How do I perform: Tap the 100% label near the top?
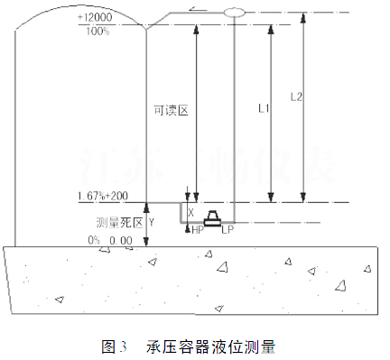tap(123, 32)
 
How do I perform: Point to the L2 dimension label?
tap(294, 95)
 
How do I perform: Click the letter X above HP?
tap(190, 210)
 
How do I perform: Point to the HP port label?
tap(198, 231)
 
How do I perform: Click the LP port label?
tap(228, 231)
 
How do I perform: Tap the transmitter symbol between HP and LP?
tap(213, 218)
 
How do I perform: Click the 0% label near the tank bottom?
tap(94, 240)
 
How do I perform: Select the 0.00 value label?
tap(121, 240)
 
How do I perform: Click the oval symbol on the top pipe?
tap(234, 12)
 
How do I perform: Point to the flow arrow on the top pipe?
tap(196, 11)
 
